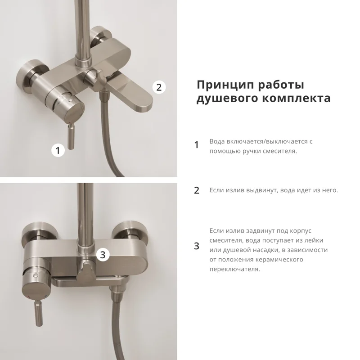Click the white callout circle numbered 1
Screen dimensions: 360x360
58,150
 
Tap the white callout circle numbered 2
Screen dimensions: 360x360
158,87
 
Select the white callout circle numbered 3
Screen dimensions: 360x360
103,255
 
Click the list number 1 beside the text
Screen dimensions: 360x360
196,145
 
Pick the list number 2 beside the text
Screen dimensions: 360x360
196,190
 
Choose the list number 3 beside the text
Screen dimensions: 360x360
196,246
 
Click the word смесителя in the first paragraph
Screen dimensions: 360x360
277,151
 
